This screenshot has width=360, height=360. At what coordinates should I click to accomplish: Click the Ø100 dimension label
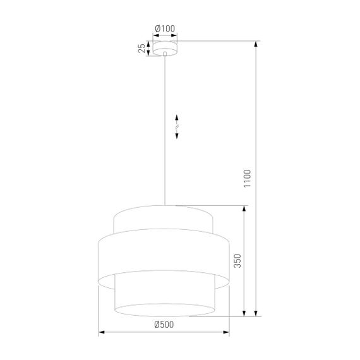click(165, 28)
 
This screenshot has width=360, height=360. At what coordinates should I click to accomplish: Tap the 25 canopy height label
click(142, 49)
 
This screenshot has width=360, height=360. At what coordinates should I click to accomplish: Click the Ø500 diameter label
click(164, 325)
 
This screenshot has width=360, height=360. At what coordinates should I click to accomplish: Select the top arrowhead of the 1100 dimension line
click(256, 45)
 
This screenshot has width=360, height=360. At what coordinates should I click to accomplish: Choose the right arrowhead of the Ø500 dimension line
click(227, 332)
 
